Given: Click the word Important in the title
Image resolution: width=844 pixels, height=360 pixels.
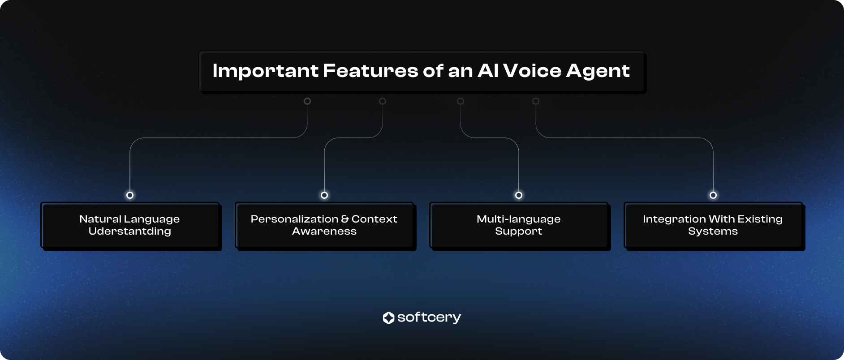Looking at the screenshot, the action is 265,71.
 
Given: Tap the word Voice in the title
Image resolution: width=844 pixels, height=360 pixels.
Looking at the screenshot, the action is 532,71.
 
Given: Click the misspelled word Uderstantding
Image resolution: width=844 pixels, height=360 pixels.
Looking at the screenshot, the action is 129,231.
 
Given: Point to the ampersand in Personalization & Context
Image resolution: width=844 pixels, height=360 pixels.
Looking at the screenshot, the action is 345,219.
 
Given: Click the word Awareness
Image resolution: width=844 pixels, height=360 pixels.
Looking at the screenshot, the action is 324,231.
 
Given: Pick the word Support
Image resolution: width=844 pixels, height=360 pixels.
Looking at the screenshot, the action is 518,231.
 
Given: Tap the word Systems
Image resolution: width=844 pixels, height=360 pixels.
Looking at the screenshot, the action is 713,231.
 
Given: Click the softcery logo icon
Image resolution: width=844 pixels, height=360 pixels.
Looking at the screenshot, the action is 388,318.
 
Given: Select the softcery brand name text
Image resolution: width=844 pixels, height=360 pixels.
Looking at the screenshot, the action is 429,317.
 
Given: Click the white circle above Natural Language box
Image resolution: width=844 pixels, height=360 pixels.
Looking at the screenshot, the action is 130,195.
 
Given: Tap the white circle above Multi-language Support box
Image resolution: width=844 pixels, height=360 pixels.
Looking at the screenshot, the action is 519,195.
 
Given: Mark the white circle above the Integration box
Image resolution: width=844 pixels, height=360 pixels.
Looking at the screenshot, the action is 713,195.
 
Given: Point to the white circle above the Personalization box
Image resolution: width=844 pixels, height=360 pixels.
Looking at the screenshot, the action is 324,195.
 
